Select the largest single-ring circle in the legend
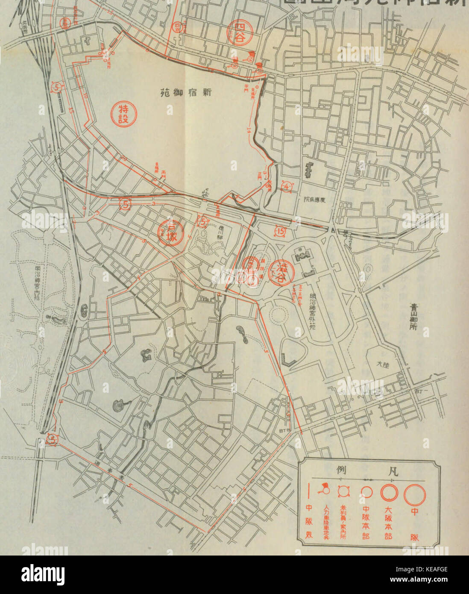[x=414, y=494]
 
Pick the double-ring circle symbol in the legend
[x=389, y=493]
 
